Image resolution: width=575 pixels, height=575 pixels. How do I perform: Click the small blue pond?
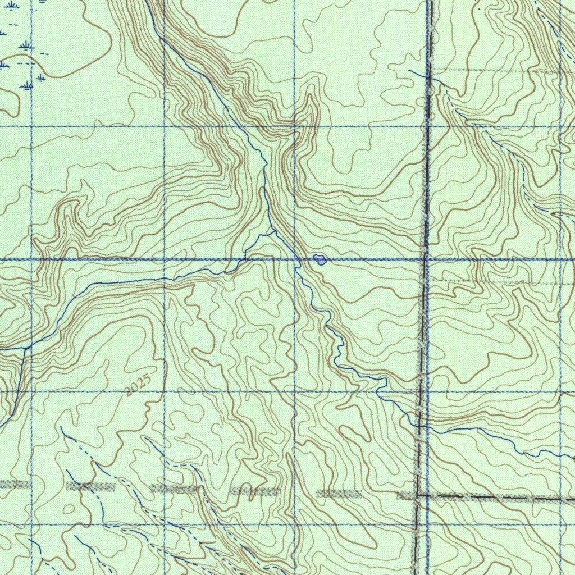click(320, 259)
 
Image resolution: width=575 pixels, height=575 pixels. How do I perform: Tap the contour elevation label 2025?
click(138, 385)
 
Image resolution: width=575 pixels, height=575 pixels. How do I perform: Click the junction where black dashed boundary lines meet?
click(417, 495)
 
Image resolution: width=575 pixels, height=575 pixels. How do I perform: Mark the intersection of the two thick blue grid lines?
click(427, 260)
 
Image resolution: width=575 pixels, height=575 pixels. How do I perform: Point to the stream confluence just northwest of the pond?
click(273, 231)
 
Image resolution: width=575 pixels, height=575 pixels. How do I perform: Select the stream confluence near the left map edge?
click(25, 348)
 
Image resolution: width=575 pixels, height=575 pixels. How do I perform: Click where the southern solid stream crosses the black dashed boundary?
click(419, 425)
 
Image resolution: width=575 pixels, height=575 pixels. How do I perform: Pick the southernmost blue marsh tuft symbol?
click(26, 85)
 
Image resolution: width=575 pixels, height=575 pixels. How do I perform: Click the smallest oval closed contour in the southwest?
click(69, 509)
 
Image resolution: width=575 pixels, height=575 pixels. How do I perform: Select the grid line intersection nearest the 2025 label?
click(164, 391)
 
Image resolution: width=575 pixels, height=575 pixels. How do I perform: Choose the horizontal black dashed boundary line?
click(494, 497)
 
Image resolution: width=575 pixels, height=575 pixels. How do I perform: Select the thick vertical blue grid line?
click(427, 168)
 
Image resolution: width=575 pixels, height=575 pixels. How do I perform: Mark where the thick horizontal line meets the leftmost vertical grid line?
click(31, 260)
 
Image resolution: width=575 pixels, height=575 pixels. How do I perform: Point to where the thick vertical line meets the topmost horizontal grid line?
click(427, 127)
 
